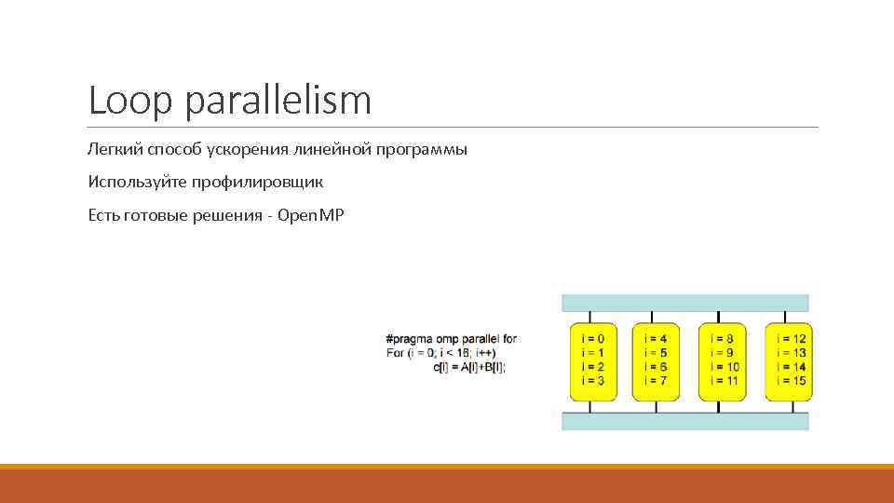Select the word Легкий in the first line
115,150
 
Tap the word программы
422,150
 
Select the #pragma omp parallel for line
451,339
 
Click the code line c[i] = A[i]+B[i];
469,367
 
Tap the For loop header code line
440,353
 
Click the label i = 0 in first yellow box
592,339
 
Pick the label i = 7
656,381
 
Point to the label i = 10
724,367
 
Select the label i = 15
791,381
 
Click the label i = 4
656,339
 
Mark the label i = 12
791,339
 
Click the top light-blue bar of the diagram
684,303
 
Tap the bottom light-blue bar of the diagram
684,421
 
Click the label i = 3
592,381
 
